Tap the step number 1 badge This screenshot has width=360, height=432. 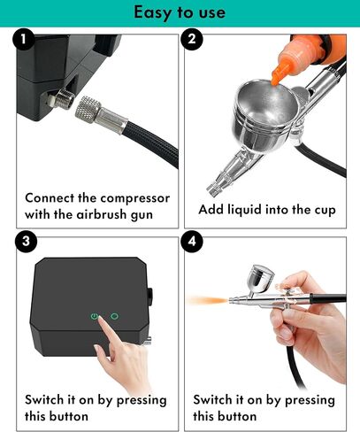(24, 41)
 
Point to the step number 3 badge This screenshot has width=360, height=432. (24, 241)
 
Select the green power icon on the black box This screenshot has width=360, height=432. (93, 315)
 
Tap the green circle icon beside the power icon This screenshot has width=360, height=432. (114, 315)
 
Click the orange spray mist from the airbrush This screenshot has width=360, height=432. (218, 301)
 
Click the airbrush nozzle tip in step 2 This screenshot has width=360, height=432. (212, 187)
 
